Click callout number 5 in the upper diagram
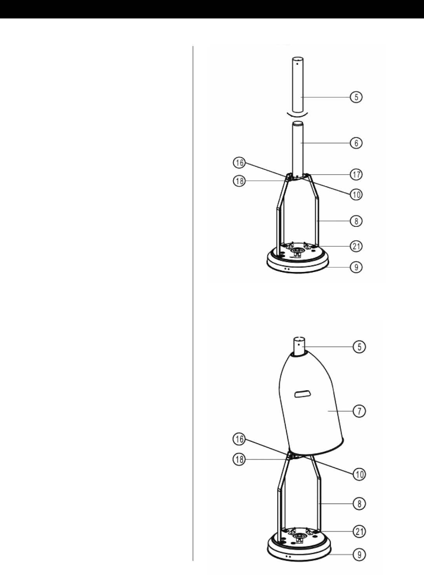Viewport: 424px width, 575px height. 356,97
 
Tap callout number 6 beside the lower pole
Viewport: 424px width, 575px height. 356,143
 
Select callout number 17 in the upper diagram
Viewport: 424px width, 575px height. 356,175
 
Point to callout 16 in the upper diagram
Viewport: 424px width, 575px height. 239,163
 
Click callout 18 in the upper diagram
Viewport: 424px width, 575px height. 239,181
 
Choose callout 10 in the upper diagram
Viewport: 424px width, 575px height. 356,195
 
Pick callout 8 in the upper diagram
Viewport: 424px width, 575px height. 356,221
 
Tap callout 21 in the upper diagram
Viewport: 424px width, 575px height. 356,246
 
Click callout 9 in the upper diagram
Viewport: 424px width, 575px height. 356,267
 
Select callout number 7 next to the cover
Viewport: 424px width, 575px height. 360,411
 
